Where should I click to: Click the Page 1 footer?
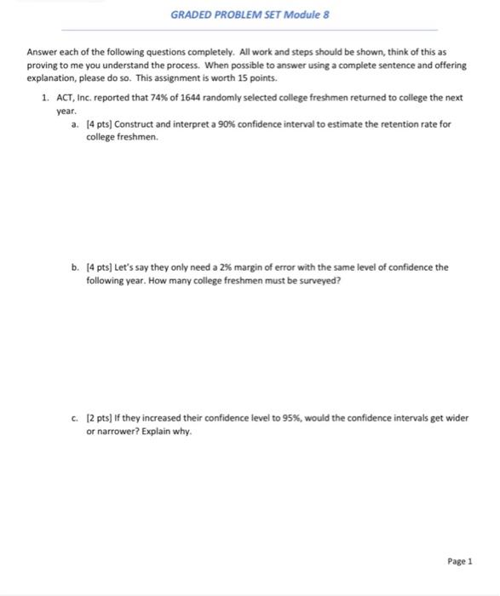pos(460,561)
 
